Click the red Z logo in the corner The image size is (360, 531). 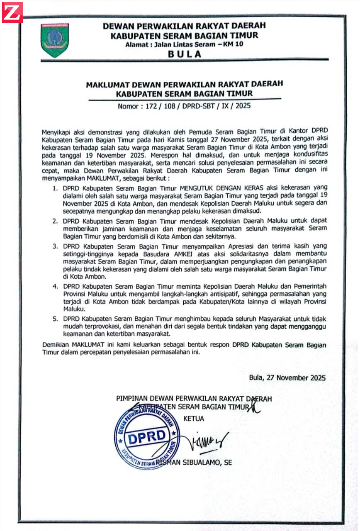pos(12,12)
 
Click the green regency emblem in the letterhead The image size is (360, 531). pos(55,40)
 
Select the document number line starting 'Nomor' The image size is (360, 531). pos(184,106)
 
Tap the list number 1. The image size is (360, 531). pos(55,189)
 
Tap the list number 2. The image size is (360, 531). pos(55,222)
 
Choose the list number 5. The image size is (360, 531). pos(55,319)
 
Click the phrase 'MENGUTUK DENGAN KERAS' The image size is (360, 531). pos(212,189)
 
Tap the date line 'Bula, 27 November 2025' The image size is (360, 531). pos(287,378)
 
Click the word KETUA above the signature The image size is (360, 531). pos(194,419)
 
